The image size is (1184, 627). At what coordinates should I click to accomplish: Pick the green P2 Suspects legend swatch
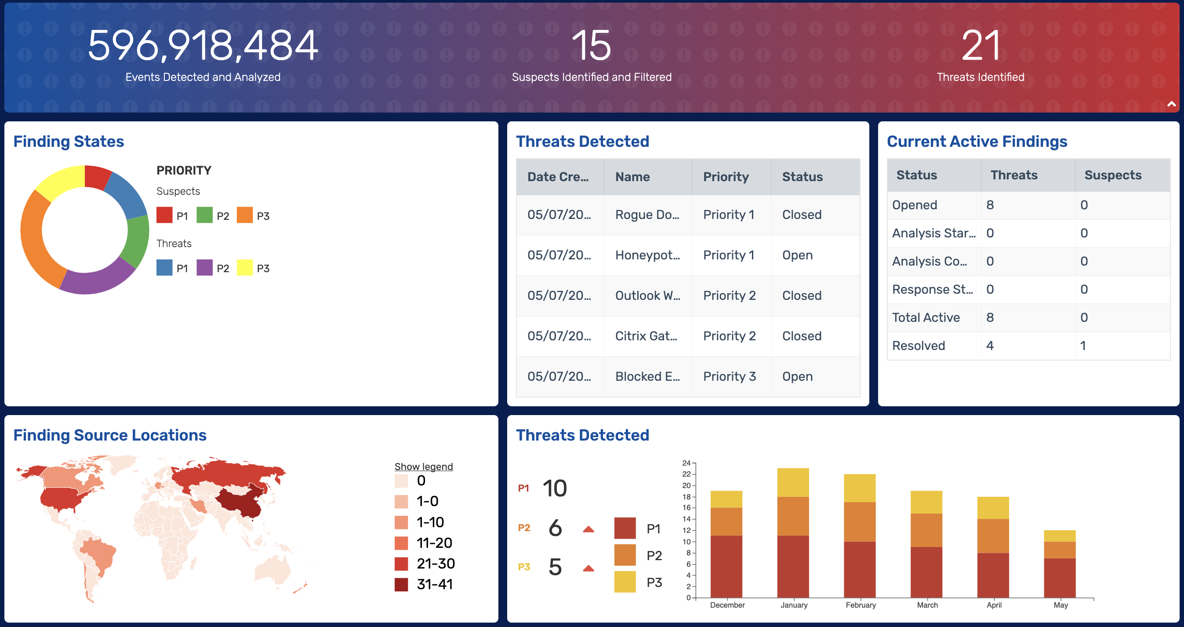204,215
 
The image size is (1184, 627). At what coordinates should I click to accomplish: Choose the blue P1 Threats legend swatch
164,267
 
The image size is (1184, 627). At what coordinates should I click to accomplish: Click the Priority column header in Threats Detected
726,177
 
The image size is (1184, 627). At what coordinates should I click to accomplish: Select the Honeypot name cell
647,255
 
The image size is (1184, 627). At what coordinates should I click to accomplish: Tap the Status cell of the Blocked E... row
797,376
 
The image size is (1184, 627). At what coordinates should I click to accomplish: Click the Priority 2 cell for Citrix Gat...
730,336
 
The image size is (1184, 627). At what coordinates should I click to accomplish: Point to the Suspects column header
1113,175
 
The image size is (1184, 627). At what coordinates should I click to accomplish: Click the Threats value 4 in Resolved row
990,346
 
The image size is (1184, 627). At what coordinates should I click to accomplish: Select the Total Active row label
926,317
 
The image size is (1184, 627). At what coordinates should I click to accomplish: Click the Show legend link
423,467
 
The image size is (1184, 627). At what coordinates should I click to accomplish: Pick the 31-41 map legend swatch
401,584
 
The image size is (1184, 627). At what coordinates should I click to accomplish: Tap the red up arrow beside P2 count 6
588,529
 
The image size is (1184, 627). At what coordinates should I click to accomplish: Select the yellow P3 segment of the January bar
793,482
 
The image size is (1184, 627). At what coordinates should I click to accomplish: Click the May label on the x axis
1061,605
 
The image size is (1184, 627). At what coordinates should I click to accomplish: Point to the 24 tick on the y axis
686,463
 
